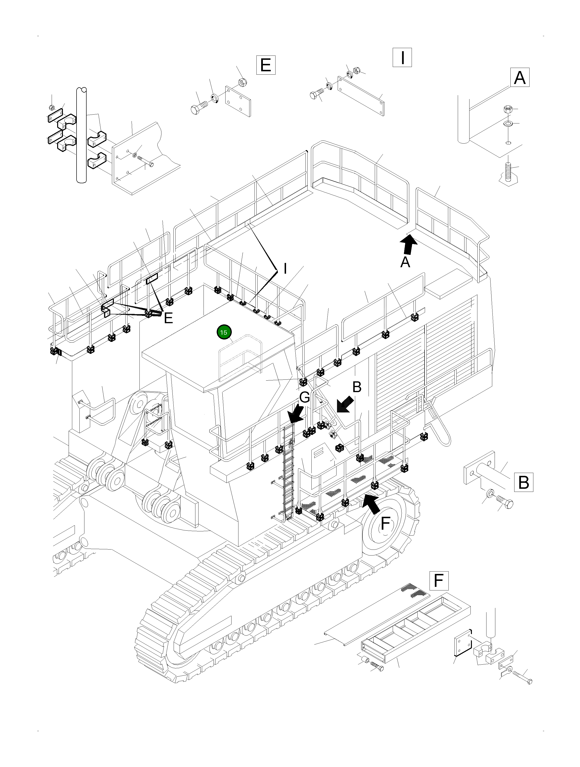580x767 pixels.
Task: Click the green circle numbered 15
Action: (224, 332)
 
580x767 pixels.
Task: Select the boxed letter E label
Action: (265, 65)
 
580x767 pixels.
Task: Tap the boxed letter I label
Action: (402, 58)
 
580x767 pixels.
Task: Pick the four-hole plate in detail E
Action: (238, 101)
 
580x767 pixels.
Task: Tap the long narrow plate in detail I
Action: (360, 96)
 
